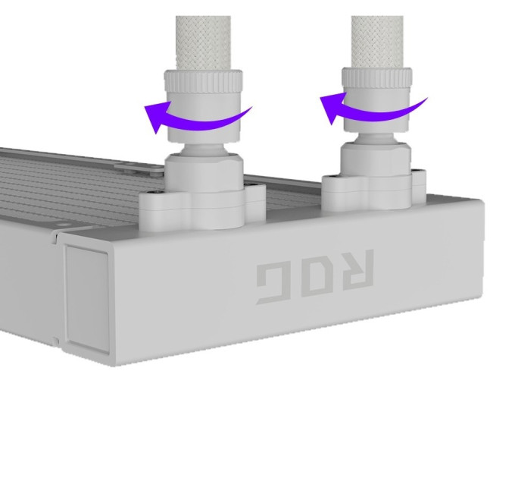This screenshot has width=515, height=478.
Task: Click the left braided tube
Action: [x=203, y=42]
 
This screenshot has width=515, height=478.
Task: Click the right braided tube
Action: [x=377, y=42]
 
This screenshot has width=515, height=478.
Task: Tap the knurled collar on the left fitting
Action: [x=203, y=81]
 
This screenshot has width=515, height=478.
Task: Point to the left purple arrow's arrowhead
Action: [x=157, y=116]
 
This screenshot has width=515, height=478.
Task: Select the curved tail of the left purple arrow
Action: [x=211, y=121]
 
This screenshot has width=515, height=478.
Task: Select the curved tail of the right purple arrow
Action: [x=384, y=112]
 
